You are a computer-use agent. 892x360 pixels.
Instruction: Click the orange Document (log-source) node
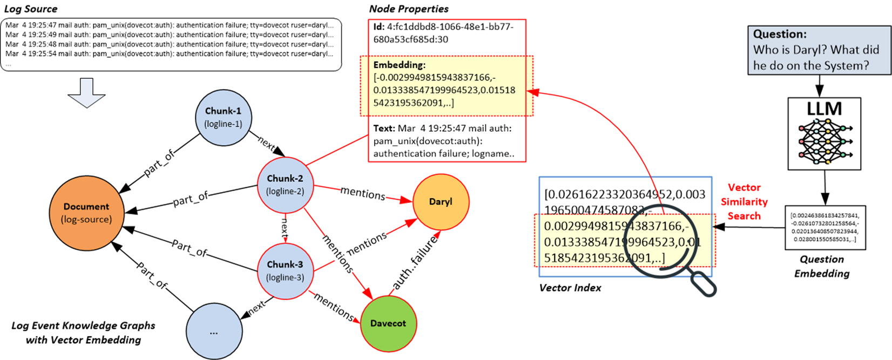86,213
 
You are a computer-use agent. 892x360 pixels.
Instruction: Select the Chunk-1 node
223,117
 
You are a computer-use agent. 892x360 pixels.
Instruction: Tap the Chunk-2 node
285,184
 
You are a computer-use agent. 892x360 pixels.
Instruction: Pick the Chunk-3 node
285,270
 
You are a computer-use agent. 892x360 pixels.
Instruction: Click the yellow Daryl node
441,202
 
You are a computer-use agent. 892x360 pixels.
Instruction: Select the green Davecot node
388,323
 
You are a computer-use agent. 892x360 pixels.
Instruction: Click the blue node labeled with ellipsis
214,331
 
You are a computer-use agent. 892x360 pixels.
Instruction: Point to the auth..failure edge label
414,264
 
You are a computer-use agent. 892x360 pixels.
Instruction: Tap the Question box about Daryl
819,50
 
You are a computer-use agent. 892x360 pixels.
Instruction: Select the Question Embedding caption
822,266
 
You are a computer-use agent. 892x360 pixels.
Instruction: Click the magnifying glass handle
701,283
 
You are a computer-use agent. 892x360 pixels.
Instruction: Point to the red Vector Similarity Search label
744,201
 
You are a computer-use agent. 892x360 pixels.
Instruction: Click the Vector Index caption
570,288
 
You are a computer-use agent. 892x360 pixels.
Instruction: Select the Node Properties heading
409,9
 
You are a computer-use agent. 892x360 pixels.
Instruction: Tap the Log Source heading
31,9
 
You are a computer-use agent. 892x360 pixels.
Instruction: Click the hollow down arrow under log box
86,92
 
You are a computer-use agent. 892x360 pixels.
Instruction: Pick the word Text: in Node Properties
384,128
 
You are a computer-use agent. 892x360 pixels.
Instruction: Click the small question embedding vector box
825,227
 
